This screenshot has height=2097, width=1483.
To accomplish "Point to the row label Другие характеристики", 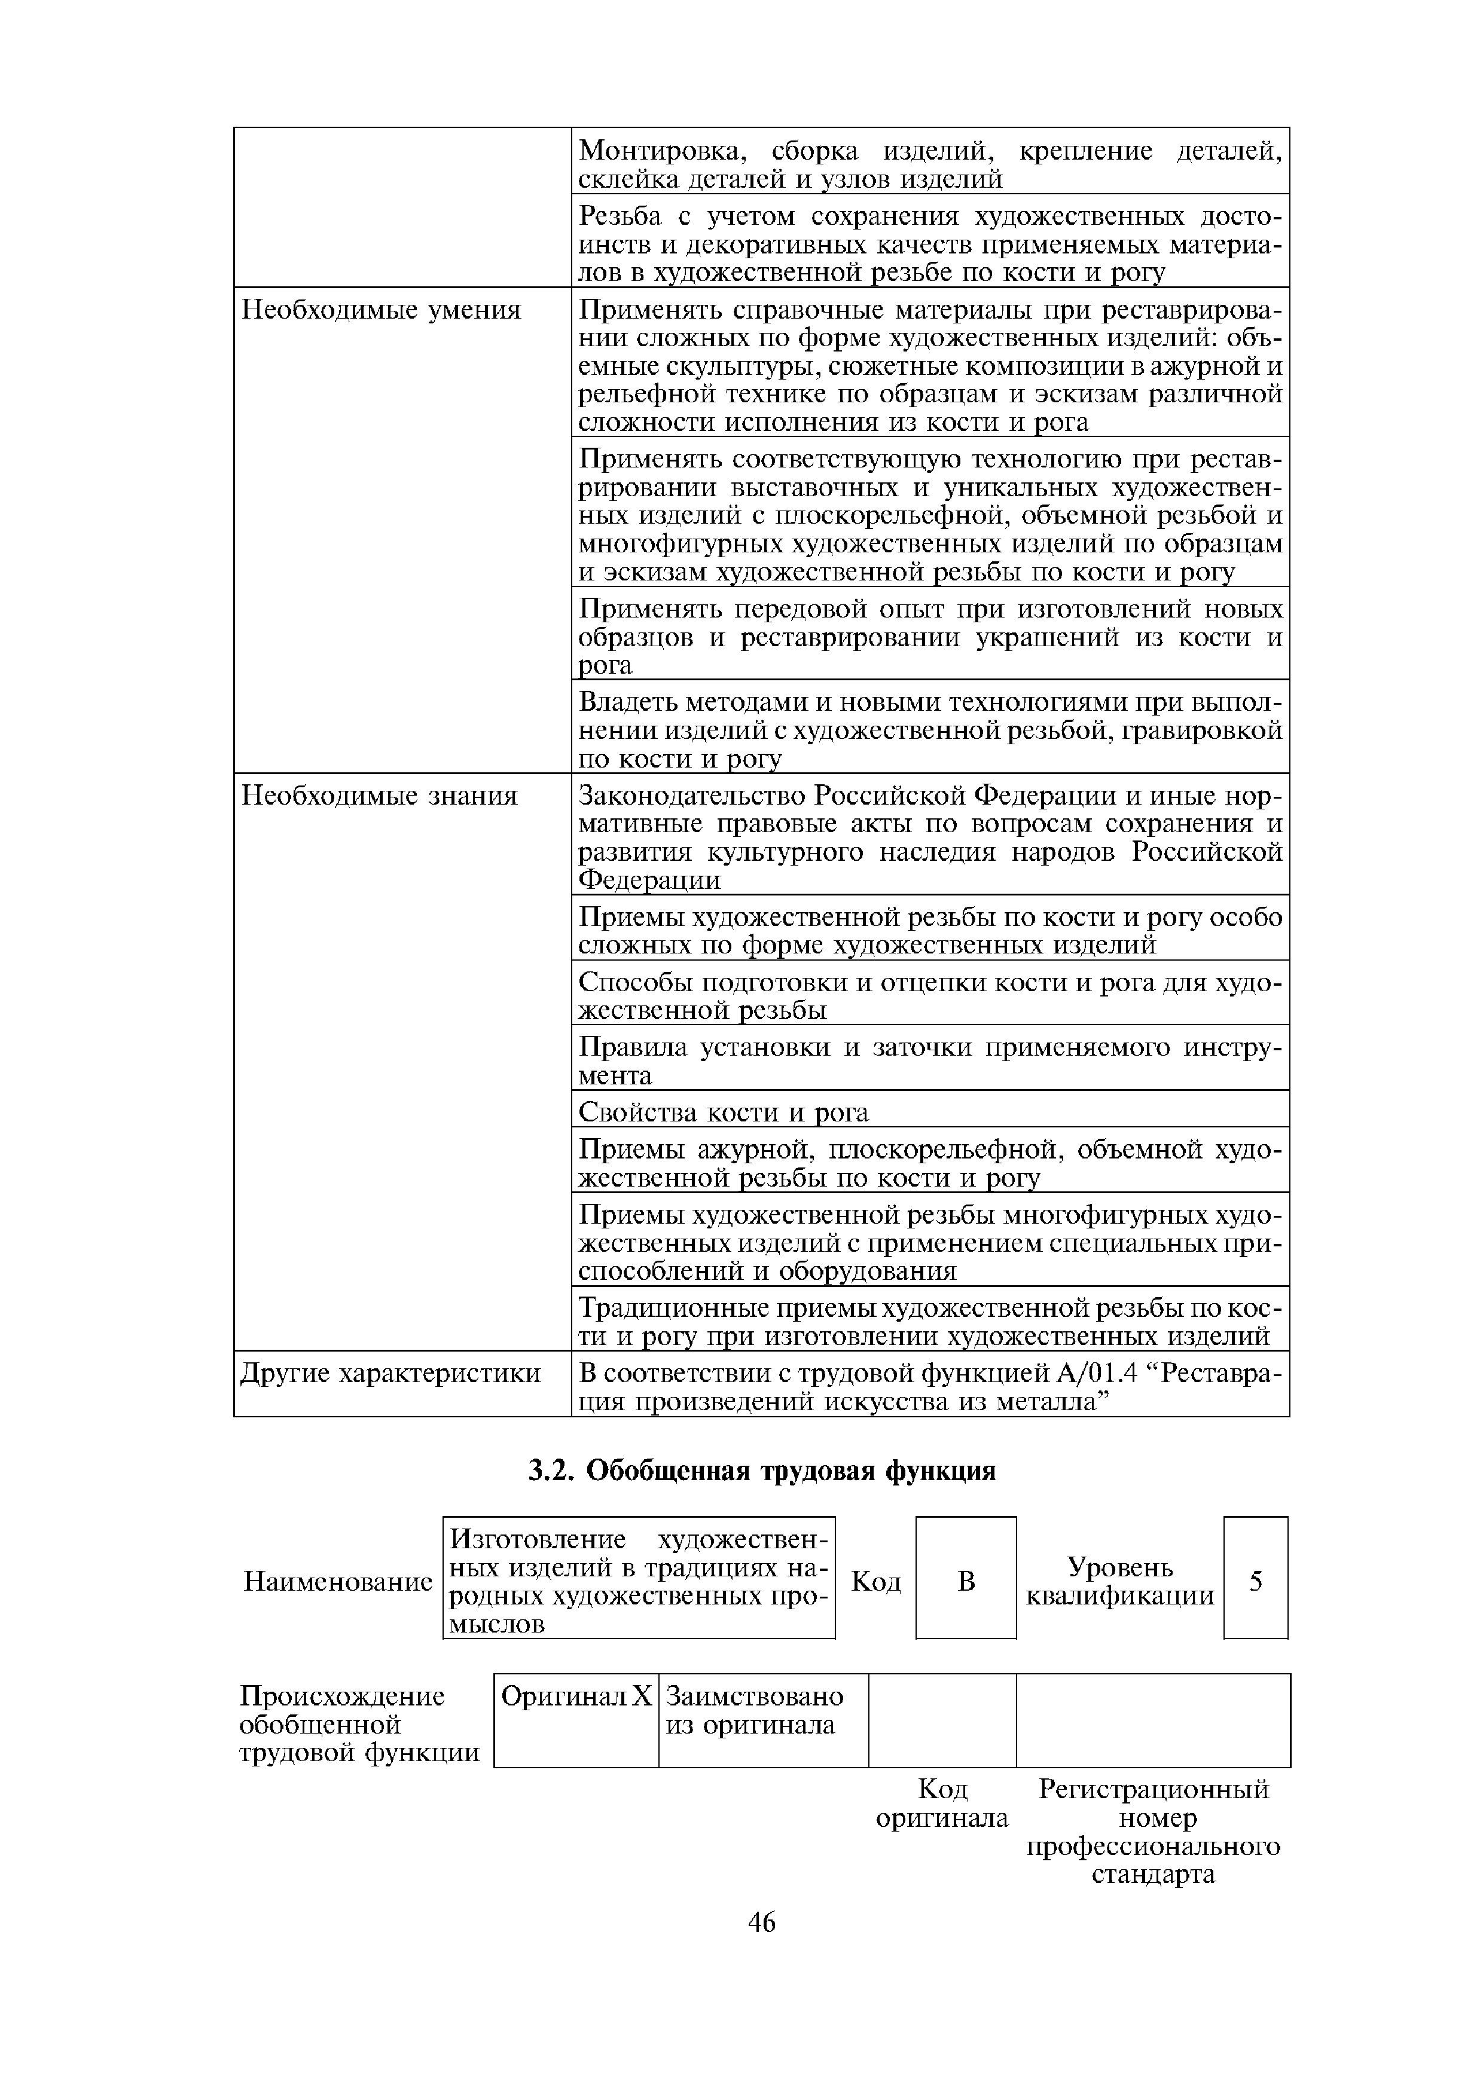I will pyautogui.click(x=390, y=1374).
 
